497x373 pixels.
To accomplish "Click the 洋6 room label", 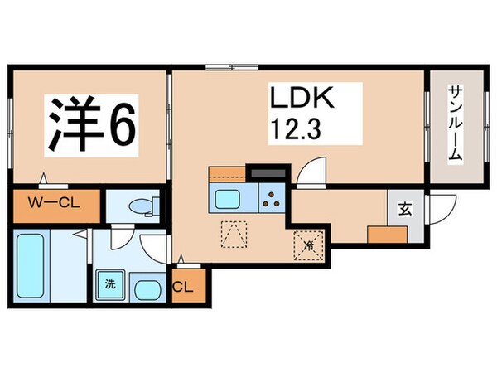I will tap(89, 123).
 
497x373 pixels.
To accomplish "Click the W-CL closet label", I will tap(54, 202).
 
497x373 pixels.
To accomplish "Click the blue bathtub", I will tap(31, 265).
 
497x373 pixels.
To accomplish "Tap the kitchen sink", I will tap(227, 198).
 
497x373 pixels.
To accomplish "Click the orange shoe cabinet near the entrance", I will tap(387, 233).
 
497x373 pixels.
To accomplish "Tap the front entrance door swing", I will tap(444, 207).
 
